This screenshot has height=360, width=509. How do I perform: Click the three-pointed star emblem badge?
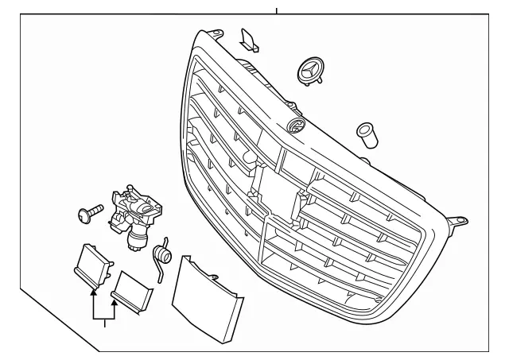pyautogui.click(x=311, y=70)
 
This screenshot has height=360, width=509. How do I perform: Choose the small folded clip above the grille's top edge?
pyautogui.click(x=249, y=39)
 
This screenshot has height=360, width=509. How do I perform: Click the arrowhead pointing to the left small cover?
pyautogui.click(x=95, y=292)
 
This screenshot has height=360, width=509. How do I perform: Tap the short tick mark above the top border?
pyautogui.click(x=276, y=10)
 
